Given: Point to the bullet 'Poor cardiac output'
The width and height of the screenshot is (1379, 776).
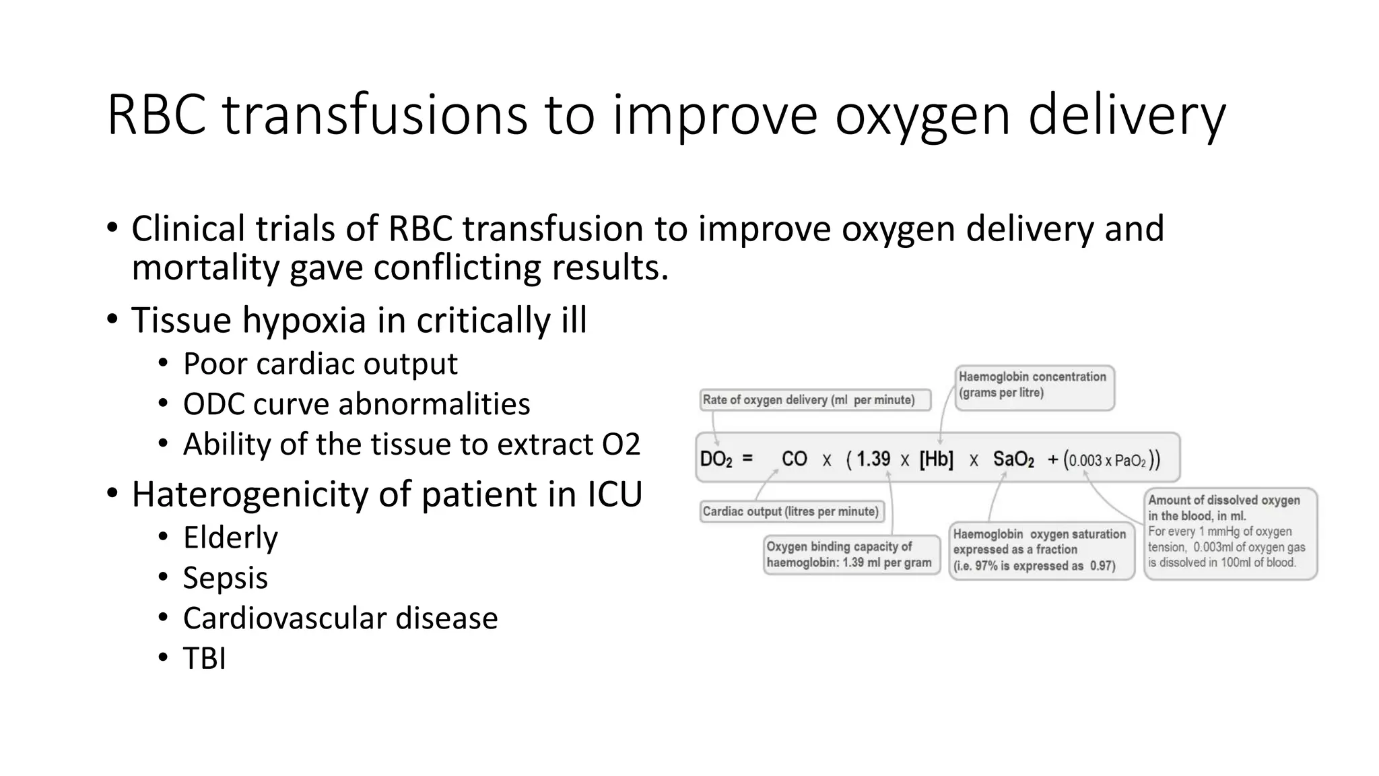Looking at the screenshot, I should [320, 364].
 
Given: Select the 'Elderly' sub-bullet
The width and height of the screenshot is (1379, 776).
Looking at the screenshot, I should [230, 538].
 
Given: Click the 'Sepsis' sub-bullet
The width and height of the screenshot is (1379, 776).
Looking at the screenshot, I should [225, 578].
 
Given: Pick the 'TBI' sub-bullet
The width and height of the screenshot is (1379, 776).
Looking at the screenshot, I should [204, 659].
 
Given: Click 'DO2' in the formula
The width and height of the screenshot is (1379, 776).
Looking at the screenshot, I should [716, 459].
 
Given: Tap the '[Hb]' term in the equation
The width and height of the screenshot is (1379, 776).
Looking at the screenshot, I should [936, 459].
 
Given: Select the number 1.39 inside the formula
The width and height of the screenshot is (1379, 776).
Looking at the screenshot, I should [873, 459].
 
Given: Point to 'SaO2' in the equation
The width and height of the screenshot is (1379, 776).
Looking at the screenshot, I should [1013, 459].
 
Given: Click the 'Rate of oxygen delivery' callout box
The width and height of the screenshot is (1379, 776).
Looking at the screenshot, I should [815, 400].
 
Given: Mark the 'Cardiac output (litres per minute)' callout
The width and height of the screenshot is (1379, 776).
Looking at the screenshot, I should [791, 512].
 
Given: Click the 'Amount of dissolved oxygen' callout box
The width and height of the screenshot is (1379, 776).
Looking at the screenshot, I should [1230, 533].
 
